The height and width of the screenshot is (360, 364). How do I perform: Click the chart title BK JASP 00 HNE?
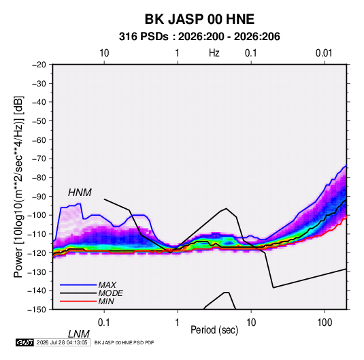pos(199,19)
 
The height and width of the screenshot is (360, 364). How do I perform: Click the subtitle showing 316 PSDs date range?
pos(199,37)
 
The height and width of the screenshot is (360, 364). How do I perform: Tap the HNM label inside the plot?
pos(80,193)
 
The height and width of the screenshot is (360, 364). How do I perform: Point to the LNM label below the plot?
pos(79,334)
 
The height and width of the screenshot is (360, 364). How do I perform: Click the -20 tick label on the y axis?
pos(39,65)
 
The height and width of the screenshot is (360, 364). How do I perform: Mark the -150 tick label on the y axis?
pos(37,310)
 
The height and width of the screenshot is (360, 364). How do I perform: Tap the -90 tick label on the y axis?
pos(39,197)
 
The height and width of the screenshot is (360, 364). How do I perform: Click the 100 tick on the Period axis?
pos(325,323)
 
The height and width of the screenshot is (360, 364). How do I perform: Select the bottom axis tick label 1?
pos(177,323)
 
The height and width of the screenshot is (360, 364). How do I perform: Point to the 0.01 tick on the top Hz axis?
pos(324,53)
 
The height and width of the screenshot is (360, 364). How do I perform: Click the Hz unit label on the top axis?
pos(214,53)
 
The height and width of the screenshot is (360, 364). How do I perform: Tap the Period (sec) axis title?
pos(214,330)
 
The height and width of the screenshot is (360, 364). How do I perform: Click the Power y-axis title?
pos(18,186)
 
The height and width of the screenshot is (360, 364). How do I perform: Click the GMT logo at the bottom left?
pos(24,342)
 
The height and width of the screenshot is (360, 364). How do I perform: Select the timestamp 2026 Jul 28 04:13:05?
pos(62,342)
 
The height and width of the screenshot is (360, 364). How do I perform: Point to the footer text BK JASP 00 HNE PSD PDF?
pos(125,342)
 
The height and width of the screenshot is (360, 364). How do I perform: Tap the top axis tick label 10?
pos(104,53)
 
